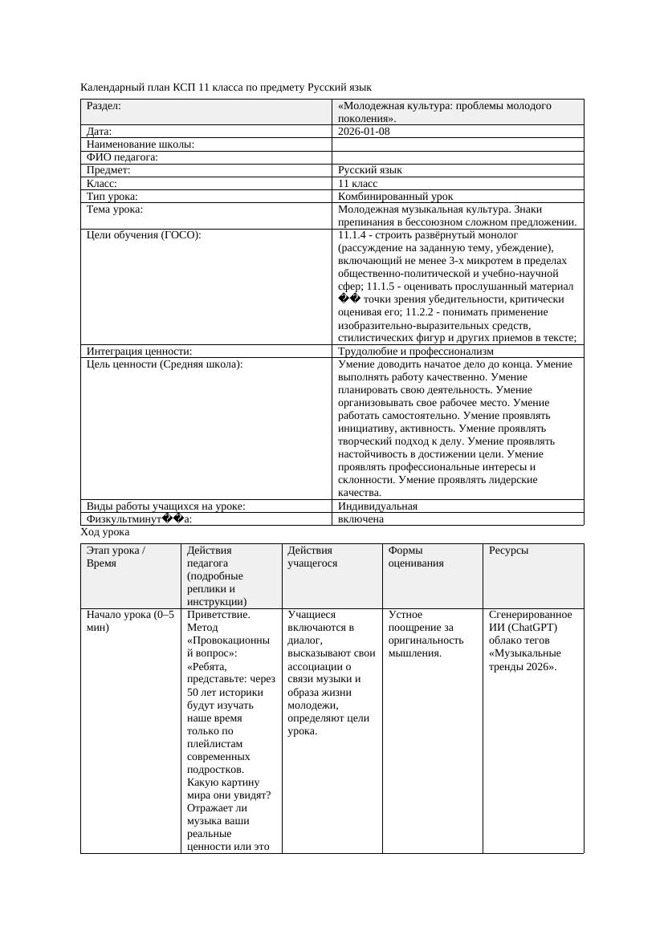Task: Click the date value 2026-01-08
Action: pos(364,132)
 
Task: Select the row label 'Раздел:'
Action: pos(104,106)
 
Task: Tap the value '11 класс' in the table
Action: pos(357,183)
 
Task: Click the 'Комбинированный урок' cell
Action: pos(395,196)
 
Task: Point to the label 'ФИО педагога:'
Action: pos(122,157)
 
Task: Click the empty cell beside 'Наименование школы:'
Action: pos(457,144)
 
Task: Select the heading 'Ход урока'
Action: pos(105,532)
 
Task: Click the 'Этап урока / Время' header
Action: pos(116,557)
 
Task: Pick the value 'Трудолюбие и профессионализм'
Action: pos(415,351)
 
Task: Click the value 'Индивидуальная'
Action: pos(377,506)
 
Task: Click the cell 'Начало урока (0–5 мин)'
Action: pos(129,621)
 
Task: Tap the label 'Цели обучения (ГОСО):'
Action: pos(143,235)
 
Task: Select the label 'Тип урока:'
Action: pos(112,196)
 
